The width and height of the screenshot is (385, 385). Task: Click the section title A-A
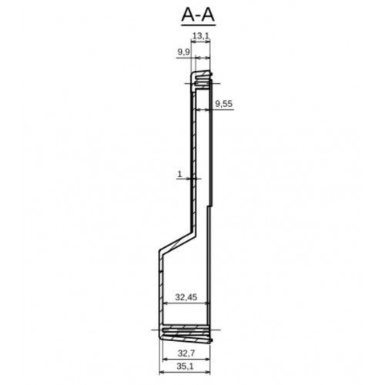click(x=198, y=15)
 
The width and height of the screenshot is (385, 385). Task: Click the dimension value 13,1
click(x=201, y=36)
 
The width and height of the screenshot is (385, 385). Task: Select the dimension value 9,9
click(x=184, y=52)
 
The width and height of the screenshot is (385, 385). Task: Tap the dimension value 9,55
click(x=224, y=104)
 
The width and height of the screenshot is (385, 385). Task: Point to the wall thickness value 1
click(x=179, y=174)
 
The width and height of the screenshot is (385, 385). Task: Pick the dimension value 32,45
click(x=186, y=297)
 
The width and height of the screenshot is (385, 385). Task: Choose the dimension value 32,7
click(x=186, y=353)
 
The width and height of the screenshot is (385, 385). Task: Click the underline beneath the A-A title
click(x=198, y=25)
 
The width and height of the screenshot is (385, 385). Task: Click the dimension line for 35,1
click(x=185, y=372)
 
